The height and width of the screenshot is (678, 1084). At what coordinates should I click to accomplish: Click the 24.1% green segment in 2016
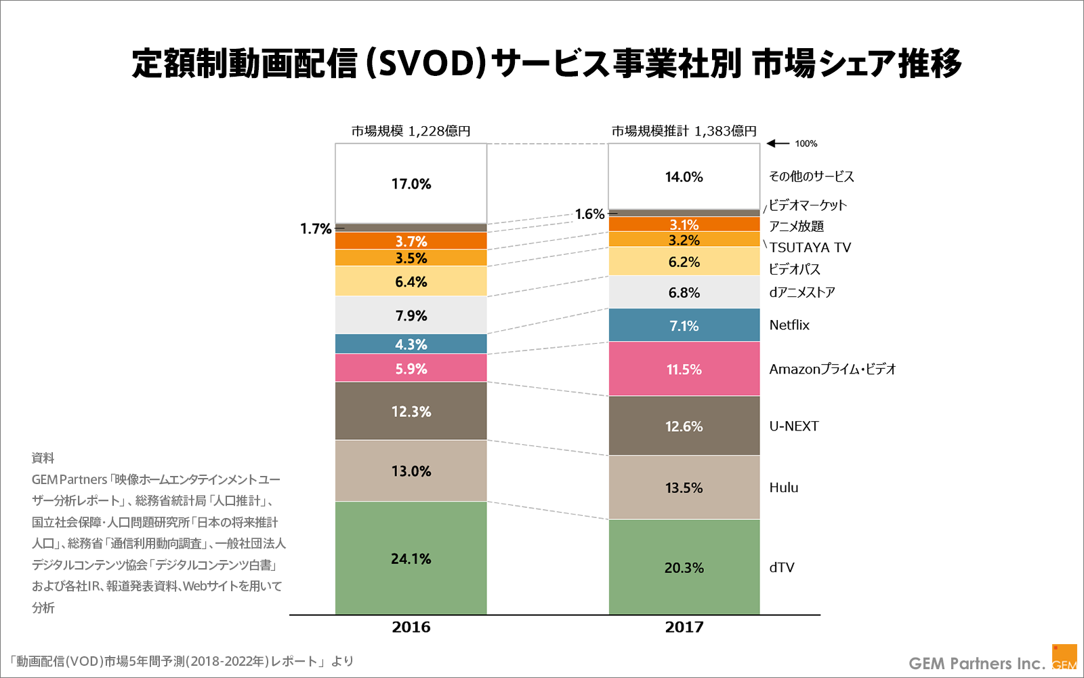click(411, 558)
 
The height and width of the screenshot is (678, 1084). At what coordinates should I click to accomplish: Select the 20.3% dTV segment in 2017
click(684, 567)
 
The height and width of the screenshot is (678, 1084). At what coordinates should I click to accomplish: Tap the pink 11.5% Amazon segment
click(684, 369)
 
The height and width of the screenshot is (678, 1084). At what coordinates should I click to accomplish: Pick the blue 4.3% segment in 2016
click(411, 344)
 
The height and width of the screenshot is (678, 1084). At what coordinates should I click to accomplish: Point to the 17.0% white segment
click(411, 183)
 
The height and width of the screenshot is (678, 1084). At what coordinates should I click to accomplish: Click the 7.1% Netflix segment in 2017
click(684, 325)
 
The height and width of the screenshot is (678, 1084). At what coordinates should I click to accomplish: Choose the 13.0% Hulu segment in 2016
click(411, 471)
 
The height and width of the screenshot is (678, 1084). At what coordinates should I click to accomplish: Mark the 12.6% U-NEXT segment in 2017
click(684, 426)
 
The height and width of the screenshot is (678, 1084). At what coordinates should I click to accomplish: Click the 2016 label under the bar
click(411, 627)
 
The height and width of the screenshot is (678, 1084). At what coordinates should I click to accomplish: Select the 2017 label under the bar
click(684, 627)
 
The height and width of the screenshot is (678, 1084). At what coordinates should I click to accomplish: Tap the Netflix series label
click(789, 325)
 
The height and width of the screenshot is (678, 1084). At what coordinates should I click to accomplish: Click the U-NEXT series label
click(794, 426)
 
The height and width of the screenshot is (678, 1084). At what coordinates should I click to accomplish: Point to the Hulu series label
click(784, 487)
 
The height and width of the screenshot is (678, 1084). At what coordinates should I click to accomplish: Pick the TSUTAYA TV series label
click(810, 247)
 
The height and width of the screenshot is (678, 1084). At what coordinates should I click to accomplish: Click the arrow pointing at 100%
click(778, 144)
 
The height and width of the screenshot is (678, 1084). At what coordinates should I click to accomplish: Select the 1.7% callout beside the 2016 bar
click(316, 229)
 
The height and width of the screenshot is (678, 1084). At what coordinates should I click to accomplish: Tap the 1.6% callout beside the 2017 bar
click(589, 214)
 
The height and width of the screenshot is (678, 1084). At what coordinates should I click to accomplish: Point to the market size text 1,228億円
click(439, 131)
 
